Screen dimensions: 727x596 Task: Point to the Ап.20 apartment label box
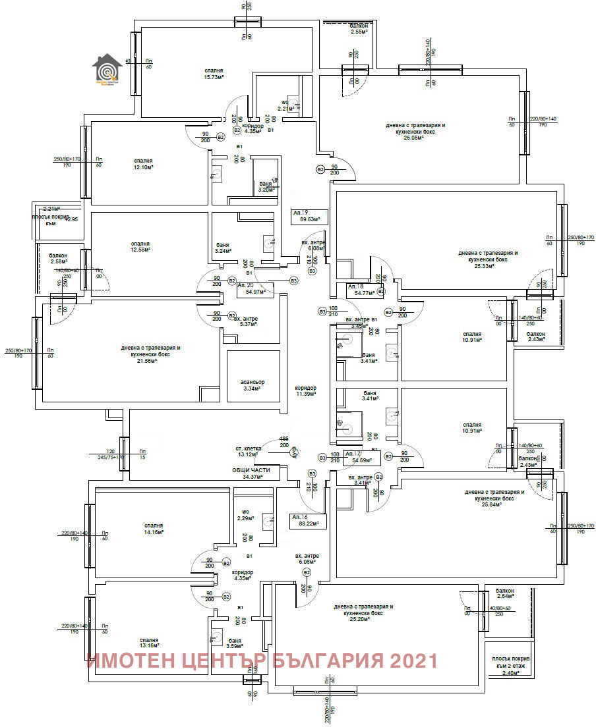point(255,287)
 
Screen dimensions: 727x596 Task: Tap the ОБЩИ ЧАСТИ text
point(247,470)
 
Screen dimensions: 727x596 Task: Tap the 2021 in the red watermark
point(411,660)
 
